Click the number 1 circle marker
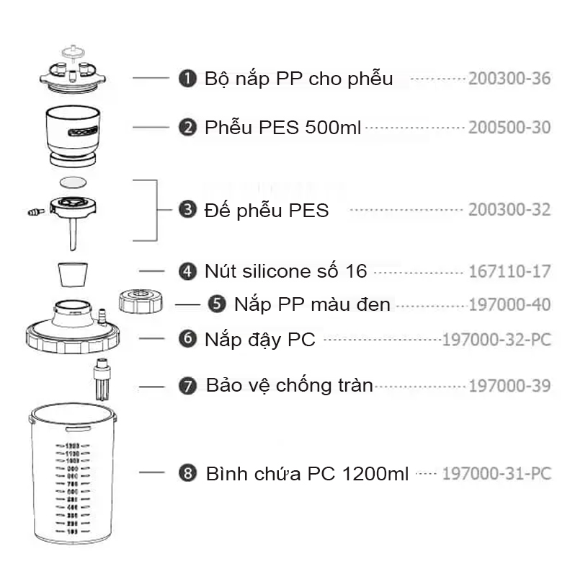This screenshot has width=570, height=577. point(187,79)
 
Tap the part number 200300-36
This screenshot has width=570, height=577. point(509,79)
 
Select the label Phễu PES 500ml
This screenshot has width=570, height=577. point(283,128)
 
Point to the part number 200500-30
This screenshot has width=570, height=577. point(509,128)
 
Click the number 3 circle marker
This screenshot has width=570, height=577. point(187,210)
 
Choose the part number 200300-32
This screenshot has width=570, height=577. point(509,210)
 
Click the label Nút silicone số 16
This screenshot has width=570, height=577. point(285,271)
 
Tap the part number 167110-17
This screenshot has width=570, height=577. point(509,271)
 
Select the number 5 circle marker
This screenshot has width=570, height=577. point(216,304)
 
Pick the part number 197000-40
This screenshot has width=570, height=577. point(509,304)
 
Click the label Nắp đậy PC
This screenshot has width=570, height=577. point(260,338)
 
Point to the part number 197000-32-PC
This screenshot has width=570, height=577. point(496,338)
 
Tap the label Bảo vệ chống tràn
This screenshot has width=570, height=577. point(289,385)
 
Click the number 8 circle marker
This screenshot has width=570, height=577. point(187,474)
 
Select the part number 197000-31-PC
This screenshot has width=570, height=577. point(496,474)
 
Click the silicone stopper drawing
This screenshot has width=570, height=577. point(73,274)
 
